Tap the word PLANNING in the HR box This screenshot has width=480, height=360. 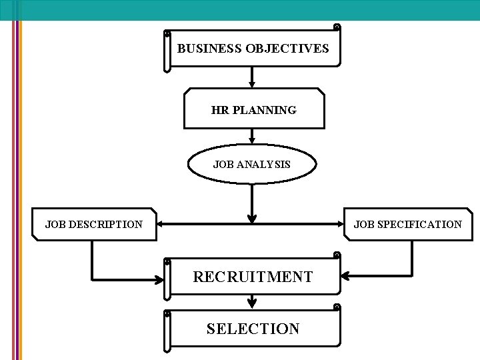pos(265,111)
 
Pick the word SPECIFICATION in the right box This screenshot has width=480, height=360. pos(419,225)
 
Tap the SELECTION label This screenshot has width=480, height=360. pos(253,329)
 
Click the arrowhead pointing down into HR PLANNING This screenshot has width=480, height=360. pos(252,84)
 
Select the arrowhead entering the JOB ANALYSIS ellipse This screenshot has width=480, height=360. pos(252,141)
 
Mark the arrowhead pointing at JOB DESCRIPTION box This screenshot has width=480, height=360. pos(161,225)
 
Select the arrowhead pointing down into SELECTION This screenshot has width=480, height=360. pos(252,305)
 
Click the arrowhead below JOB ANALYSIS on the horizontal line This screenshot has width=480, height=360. pos(252,217)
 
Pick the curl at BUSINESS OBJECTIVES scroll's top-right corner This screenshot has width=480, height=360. pos(337,28)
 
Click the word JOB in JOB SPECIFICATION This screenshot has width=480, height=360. pos(364,225)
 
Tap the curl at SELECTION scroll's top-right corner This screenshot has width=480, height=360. pos(337,308)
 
